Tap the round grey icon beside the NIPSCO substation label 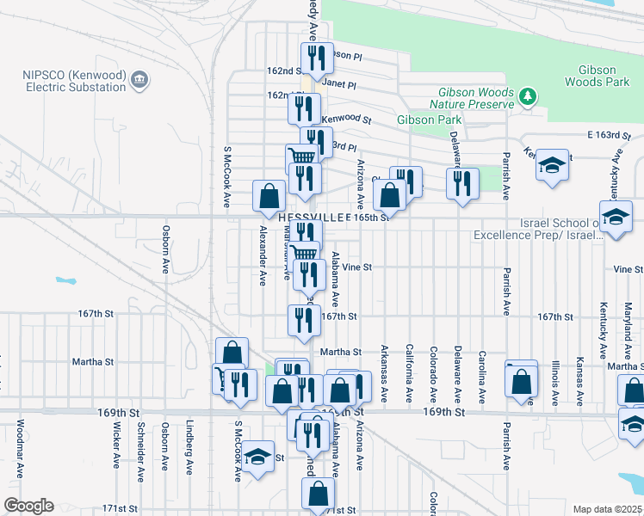pyautogui.click(x=139, y=82)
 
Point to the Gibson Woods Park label pyautogui.click(x=591, y=76)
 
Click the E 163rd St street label pyautogui.click(x=609, y=136)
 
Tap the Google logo pyautogui.click(x=28, y=506)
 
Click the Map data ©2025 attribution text pyautogui.click(x=608, y=509)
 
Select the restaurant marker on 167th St pyautogui.click(x=304, y=320)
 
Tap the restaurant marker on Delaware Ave pyautogui.click(x=462, y=183)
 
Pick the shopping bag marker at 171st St pyautogui.click(x=318, y=494)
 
